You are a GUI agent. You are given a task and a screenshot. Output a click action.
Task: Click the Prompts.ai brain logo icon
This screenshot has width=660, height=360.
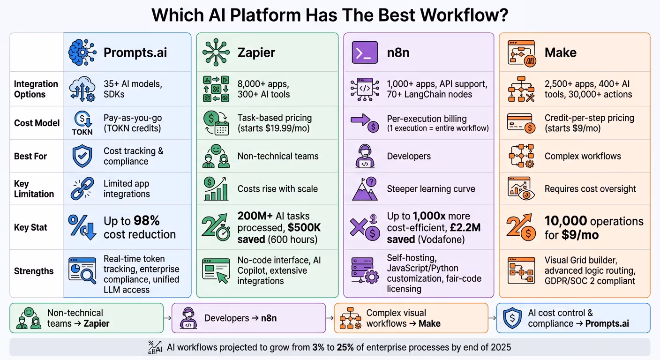click(82, 52)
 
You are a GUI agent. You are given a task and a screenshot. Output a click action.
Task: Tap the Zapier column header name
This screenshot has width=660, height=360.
click(257, 52)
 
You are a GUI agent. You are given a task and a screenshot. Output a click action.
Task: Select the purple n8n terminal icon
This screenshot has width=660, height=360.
click(364, 52)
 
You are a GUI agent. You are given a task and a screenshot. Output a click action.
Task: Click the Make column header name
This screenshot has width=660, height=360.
click(560, 52)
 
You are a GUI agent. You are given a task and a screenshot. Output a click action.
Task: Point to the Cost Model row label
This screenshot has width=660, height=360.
click(37, 123)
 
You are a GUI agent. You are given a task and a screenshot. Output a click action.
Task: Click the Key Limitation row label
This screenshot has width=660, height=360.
click(34, 188)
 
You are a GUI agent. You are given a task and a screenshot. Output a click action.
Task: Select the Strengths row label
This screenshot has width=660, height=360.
click(34, 271)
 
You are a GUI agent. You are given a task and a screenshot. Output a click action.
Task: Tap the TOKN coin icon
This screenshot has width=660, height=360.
click(82, 122)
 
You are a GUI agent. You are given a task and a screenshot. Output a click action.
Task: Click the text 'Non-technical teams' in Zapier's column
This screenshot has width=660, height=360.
click(278, 156)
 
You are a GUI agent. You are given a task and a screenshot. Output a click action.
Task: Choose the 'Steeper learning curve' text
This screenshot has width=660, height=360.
click(431, 189)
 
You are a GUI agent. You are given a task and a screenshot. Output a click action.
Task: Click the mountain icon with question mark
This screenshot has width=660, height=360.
click(365, 188)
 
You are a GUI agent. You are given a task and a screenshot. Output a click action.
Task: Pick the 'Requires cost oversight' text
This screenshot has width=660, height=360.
click(590, 189)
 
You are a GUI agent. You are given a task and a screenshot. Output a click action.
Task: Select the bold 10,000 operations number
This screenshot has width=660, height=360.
click(565, 221)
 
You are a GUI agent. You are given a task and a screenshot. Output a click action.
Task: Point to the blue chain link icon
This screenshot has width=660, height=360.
click(82, 188)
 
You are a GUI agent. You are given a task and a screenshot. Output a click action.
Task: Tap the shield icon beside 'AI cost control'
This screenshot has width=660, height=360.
click(512, 318)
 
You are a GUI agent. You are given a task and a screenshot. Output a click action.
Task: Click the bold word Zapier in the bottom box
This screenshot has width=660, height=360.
click(97, 323)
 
